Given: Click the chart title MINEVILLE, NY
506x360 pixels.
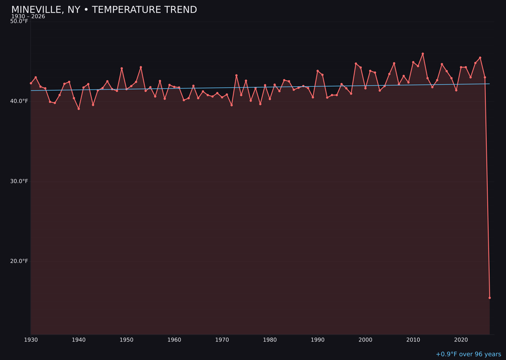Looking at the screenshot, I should click(104, 10).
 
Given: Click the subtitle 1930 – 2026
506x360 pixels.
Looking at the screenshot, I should click(28, 16).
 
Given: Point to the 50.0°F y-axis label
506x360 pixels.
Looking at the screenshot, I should click(19, 21).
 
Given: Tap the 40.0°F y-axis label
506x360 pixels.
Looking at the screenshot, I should click(19, 101).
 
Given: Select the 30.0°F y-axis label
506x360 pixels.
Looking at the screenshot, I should click(19, 181).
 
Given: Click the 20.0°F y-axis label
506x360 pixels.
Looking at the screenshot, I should click(19, 261).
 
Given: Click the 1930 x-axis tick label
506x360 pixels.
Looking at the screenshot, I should click(31, 340).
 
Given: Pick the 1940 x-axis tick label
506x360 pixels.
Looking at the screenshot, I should click(79, 340).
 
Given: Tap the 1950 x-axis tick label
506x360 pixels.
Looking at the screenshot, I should click(126, 340).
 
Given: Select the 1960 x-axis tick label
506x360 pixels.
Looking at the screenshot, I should click(174, 340).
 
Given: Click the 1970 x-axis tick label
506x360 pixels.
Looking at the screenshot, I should click(222, 340).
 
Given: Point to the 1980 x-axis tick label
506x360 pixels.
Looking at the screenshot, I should click(270, 340).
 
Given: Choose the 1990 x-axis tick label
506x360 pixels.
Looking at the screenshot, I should click(318, 340).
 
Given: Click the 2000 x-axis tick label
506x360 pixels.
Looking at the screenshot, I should click(365, 340).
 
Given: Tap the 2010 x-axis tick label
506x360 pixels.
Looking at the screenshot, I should click(413, 340).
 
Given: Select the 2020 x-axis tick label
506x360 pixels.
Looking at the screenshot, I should click(461, 340).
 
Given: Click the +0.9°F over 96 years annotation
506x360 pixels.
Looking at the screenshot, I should click(468, 354).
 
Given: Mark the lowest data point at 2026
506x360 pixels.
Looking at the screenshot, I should click(490, 298).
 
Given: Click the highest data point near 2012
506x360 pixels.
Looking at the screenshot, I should click(423, 54).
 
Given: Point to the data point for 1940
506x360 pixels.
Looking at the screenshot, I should click(79, 109).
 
